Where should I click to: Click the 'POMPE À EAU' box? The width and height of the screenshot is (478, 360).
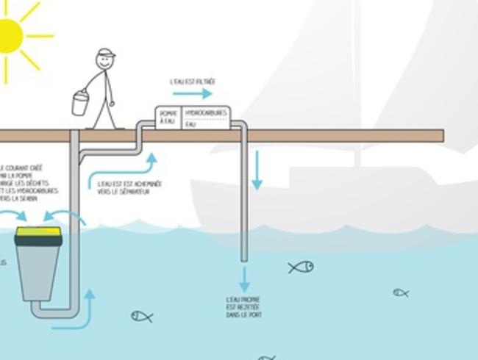168,118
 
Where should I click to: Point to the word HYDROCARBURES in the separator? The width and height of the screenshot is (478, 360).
206,112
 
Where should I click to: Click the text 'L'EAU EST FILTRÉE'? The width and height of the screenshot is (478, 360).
193,82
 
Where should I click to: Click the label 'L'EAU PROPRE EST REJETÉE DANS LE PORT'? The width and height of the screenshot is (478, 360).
244,307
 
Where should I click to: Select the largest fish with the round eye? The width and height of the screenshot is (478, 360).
301,267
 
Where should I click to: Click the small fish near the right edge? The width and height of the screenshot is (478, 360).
400,292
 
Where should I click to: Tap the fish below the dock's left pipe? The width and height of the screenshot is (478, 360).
141,317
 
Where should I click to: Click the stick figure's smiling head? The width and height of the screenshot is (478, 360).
105,62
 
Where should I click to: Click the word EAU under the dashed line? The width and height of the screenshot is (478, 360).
191,125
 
